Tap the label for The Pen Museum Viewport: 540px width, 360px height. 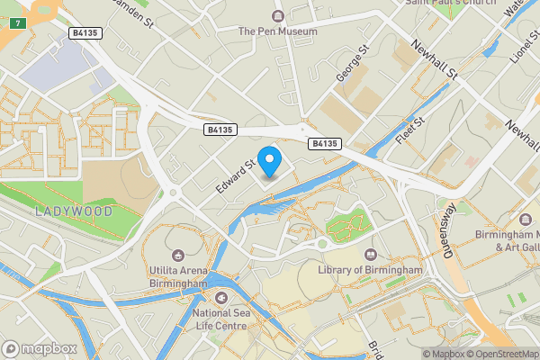[277, 31]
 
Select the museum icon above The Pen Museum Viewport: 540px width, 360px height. [277, 15]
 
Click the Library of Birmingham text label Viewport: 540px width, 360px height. [370, 271]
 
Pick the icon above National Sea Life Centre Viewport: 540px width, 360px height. [222, 297]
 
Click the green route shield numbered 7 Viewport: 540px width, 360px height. [16, 21]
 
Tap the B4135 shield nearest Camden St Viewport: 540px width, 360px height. [85, 33]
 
